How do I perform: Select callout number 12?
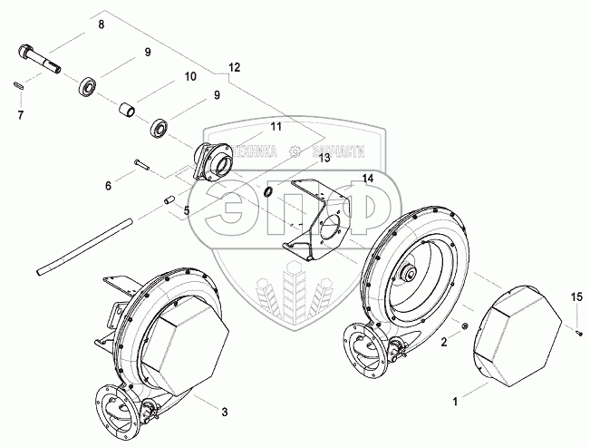click(x=235, y=68)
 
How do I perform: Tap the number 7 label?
click(x=21, y=115)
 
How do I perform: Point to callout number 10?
click(x=190, y=76)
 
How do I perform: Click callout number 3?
click(x=225, y=413)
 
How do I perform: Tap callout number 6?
click(x=108, y=186)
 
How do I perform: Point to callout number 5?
click(x=186, y=211)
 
